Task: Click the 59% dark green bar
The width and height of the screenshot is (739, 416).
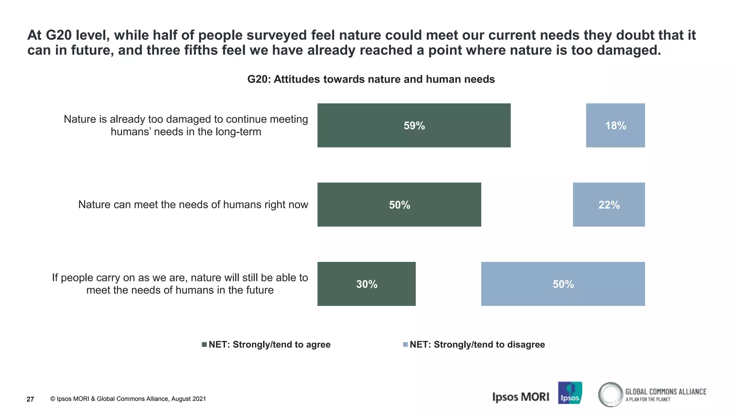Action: [x=414, y=125]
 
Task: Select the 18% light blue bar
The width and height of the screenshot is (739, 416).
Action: [x=615, y=125]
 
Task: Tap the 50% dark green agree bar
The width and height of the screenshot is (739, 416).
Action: [x=399, y=205]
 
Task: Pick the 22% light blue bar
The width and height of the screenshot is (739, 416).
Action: [x=609, y=205]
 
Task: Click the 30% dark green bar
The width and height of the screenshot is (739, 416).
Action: [x=366, y=284]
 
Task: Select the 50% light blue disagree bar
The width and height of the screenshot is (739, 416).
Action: [x=563, y=284]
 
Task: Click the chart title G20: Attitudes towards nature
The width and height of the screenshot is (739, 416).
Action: [x=371, y=79]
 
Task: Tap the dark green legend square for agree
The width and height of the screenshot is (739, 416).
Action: [x=204, y=344]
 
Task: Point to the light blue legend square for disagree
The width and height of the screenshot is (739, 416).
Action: [x=405, y=344]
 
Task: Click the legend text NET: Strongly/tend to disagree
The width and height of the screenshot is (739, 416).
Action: [x=477, y=344]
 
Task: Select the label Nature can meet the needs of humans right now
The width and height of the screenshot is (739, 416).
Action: [x=193, y=205]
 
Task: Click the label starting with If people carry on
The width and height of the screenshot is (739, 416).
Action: [x=180, y=284]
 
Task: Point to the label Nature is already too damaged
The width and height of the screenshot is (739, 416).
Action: [x=186, y=125]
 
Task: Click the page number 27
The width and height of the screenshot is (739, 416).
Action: [x=30, y=399]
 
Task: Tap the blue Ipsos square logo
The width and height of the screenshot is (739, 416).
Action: [x=570, y=393]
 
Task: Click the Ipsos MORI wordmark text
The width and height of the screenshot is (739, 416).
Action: [x=520, y=397]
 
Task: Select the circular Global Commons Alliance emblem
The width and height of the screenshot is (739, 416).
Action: [x=611, y=394]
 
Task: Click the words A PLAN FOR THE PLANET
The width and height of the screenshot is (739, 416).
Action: [x=648, y=399]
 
